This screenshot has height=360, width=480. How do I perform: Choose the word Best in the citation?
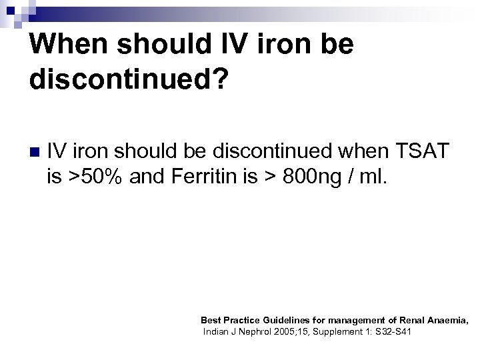[211, 321]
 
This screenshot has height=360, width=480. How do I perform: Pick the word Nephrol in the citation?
[259, 331]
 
